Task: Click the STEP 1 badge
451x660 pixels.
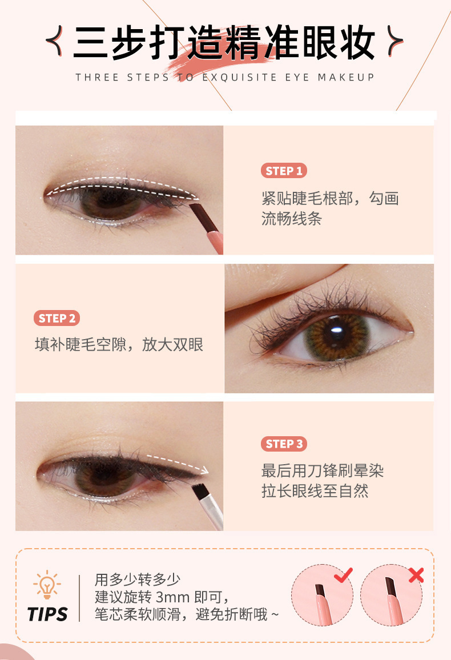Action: [284, 171]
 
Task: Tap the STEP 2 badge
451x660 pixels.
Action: [57, 318]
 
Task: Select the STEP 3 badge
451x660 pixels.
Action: [284, 444]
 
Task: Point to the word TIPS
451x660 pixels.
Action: [47, 614]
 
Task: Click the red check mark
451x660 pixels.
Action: [343, 575]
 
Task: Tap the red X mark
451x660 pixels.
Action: [416, 575]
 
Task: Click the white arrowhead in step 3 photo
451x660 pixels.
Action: [204, 470]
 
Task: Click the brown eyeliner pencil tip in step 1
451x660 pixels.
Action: [196, 212]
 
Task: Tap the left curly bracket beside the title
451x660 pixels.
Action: [55, 41]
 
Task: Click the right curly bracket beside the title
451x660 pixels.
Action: [394, 41]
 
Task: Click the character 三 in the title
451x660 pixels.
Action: [90, 42]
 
